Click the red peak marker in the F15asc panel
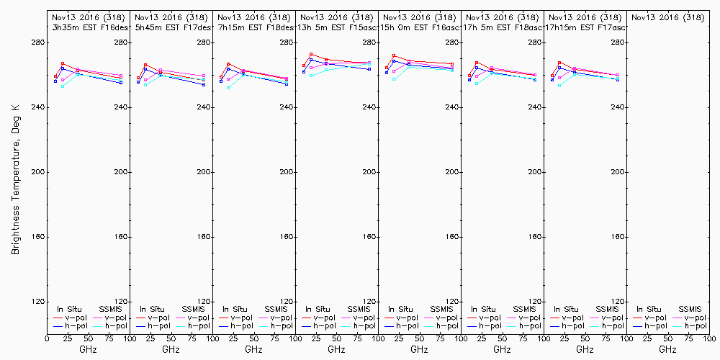point(311,54)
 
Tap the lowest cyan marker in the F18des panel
point(228,88)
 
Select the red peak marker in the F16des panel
point(63,63)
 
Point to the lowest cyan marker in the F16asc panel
point(394,78)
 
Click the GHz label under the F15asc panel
point(336,349)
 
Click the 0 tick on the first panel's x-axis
point(47,338)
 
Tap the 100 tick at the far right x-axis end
point(709,338)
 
